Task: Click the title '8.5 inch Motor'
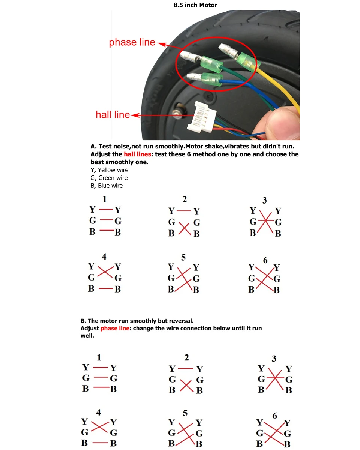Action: click(x=195, y=5)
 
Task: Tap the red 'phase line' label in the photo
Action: click(x=132, y=42)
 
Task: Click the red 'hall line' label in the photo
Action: click(x=112, y=115)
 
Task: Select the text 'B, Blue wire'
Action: click(x=106, y=186)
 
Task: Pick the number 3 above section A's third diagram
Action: click(x=265, y=200)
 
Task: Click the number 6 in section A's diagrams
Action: click(x=265, y=260)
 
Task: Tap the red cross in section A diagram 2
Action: click(x=184, y=228)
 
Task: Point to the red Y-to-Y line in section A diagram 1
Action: click(x=106, y=209)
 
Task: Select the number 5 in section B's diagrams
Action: click(x=185, y=413)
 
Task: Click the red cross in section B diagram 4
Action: click(x=99, y=427)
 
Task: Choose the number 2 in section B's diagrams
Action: click(x=186, y=357)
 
